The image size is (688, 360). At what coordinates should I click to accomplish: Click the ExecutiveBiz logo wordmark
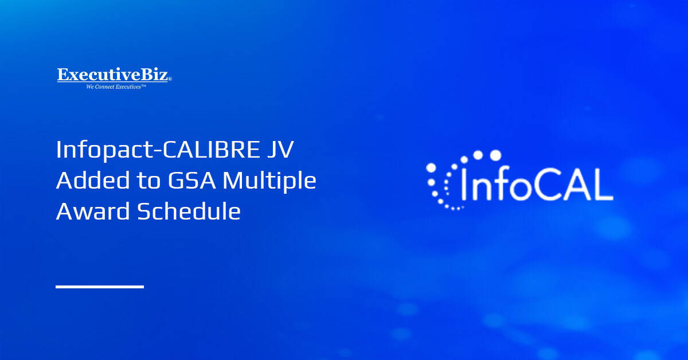114,75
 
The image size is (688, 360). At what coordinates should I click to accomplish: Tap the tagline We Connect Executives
116,87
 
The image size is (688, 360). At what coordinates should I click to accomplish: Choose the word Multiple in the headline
269,181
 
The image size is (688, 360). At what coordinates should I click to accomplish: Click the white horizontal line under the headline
100,286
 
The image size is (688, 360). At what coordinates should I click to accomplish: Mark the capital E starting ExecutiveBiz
62,75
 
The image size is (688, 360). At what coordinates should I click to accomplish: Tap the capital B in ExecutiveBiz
144,75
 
